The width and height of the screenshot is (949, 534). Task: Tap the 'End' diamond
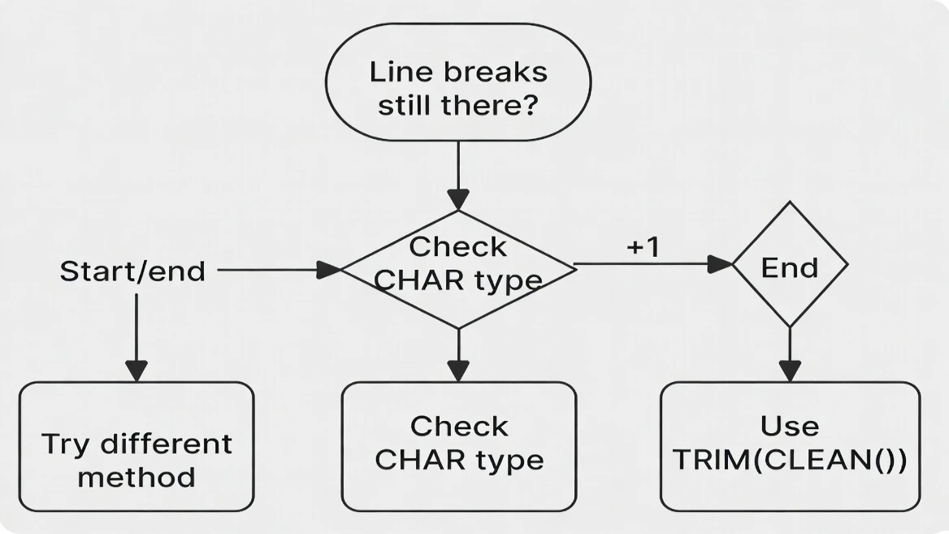click(790, 265)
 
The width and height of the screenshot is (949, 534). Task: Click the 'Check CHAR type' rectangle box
click(458, 446)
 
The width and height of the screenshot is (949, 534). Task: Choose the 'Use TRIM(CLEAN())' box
click(790, 446)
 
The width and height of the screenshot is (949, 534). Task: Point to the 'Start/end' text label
click(132, 271)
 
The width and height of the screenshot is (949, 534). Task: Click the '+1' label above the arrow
click(643, 248)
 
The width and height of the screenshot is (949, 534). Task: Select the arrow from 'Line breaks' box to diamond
click(458, 175)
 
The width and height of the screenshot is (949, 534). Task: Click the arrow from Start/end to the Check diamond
click(276, 270)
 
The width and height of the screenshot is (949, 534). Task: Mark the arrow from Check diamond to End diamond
click(650, 264)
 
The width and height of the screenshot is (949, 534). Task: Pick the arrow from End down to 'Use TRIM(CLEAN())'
click(790, 354)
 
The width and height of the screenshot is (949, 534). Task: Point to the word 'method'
click(136, 476)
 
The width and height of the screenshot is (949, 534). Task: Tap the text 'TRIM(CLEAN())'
click(790, 460)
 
